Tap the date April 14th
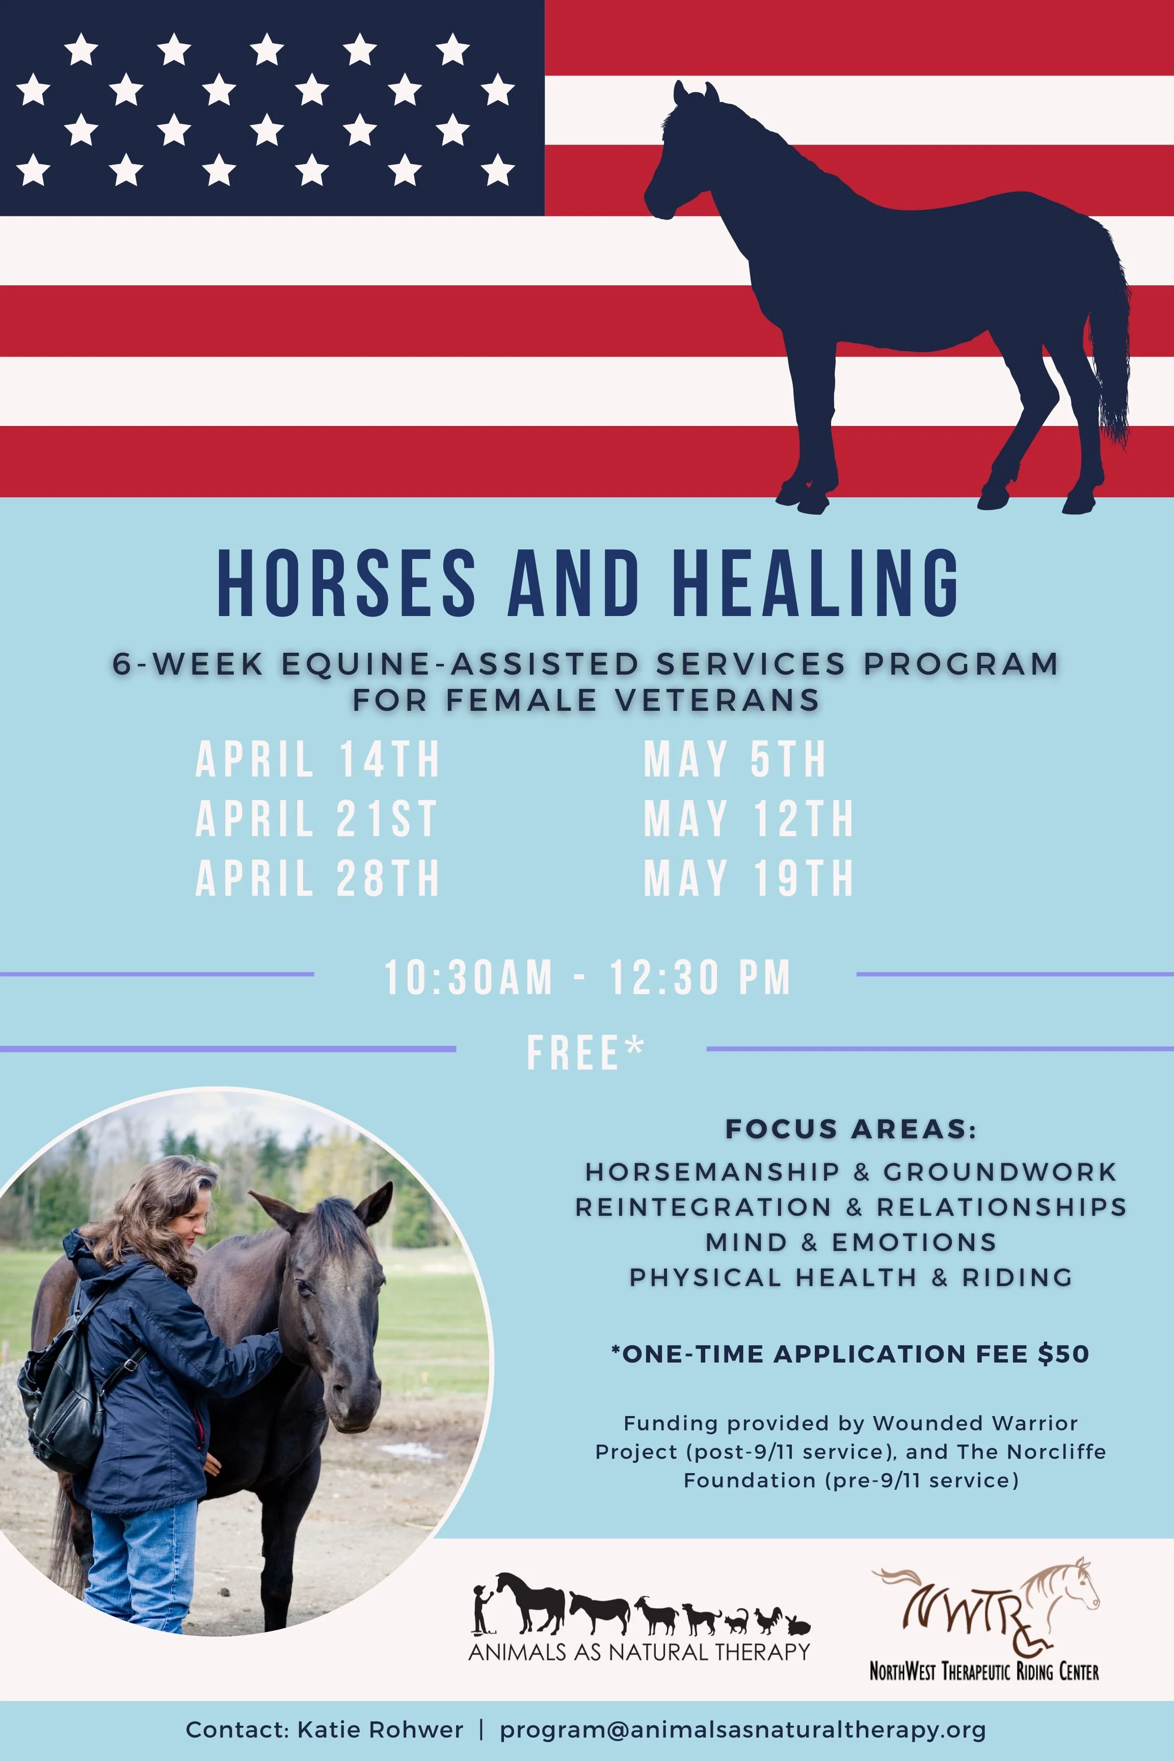(x=317, y=759)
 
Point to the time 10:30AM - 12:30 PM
(x=587, y=977)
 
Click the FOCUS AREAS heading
(x=850, y=1129)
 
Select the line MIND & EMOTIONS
(x=850, y=1242)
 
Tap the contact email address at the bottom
(x=743, y=1729)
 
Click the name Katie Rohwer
(x=380, y=1729)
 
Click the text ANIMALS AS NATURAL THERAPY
(x=638, y=1651)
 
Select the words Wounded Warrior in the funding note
(x=975, y=1423)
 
